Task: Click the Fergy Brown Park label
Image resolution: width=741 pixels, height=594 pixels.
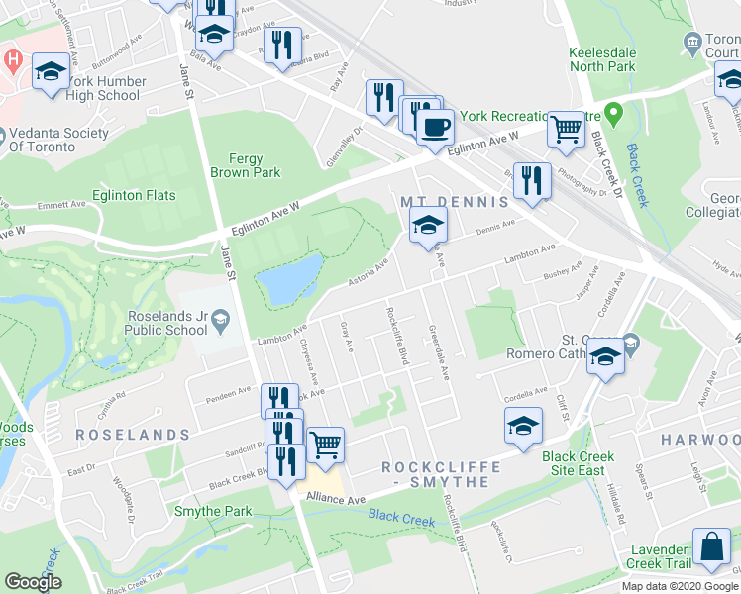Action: [245, 164]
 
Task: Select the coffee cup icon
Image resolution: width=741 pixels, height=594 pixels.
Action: [434, 128]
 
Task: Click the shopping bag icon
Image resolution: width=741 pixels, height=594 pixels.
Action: [712, 547]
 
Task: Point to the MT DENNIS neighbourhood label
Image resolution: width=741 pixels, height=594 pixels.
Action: [455, 201]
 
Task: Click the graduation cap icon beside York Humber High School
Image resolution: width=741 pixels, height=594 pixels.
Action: [51, 72]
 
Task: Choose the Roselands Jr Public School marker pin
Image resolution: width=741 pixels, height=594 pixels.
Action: [219, 317]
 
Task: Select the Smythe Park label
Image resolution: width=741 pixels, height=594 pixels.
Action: [213, 511]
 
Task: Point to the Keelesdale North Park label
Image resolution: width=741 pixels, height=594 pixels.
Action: [614, 60]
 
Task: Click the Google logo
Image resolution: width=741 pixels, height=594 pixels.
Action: [33, 582]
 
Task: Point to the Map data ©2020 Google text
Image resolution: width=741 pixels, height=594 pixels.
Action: [679, 586]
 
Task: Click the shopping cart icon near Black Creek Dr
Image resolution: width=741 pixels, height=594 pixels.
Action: [566, 129]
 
